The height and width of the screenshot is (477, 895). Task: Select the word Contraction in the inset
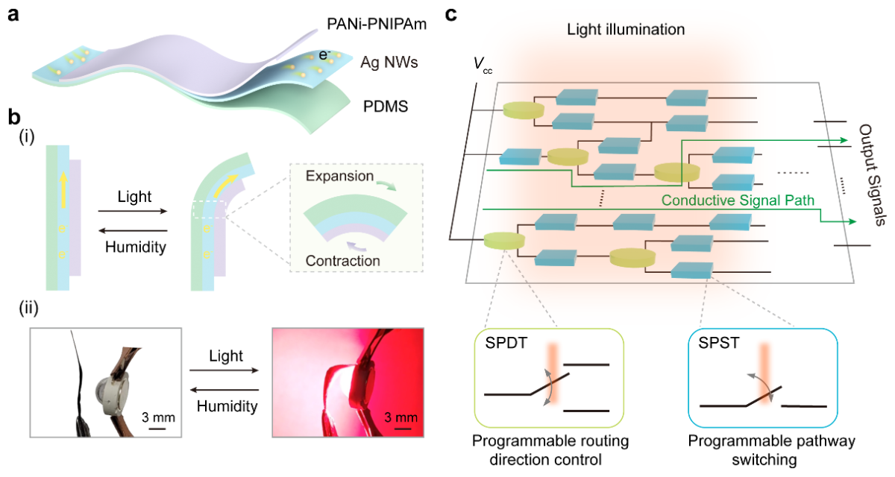[x=342, y=261]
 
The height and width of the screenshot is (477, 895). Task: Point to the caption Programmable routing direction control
[x=550, y=451]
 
